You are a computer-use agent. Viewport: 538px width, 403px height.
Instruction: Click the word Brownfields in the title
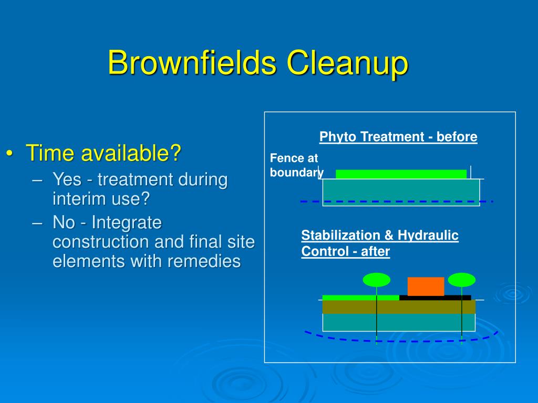click(x=192, y=63)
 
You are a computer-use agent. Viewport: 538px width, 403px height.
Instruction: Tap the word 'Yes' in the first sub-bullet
click(x=66, y=180)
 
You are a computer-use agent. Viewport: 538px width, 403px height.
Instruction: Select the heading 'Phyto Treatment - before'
click(x=398, y=137)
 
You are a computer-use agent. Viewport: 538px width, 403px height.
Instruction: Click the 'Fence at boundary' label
click(x=296, y=165)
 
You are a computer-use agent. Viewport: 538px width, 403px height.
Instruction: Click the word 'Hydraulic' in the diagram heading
click(x=428, y=236)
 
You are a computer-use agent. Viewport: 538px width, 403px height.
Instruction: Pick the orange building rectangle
click(x=426, y=287)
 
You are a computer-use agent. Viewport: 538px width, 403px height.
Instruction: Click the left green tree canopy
click(x=376, y=280)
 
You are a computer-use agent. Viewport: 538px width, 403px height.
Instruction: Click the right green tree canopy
click(x=461, y=280)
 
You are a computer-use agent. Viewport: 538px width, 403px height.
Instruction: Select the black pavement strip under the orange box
click(x=435, y=298)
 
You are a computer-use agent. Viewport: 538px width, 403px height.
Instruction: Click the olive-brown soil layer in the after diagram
click(x=399, y=306)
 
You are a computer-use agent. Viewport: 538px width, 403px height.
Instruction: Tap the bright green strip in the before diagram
click(x=401, y=174)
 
